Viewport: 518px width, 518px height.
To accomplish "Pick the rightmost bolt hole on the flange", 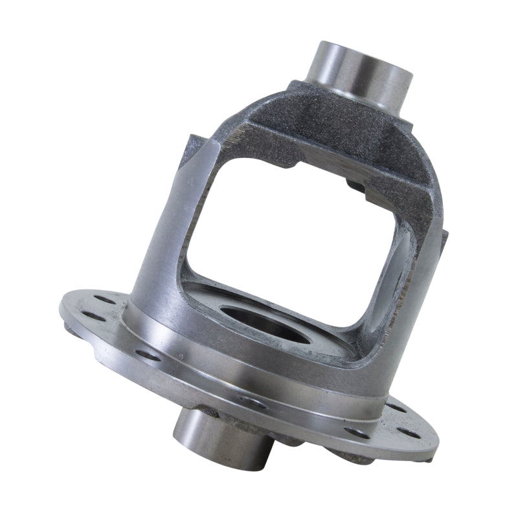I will click(x=408, y=430).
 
